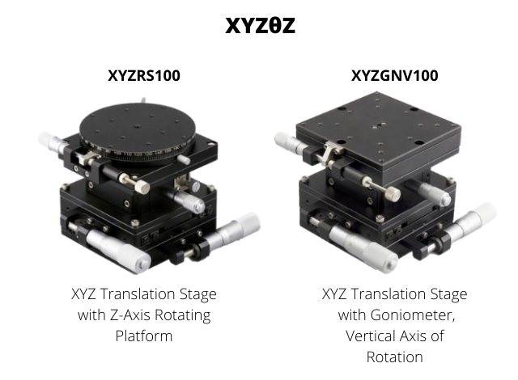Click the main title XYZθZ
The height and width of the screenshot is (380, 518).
(260, 25)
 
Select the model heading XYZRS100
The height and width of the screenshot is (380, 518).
(144, 75)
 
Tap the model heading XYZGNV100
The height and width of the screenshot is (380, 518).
(394, 75)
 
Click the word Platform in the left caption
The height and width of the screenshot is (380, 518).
(144, 336)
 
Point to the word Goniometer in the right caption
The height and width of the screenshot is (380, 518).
(411, 315)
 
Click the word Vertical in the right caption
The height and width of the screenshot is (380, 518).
(370, 336)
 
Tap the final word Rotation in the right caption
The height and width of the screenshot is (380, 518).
(394, 357)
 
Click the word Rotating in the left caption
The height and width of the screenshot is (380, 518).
(183, 315)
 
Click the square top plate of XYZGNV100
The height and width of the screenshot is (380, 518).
(378, 129)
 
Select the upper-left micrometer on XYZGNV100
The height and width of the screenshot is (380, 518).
(290, 142)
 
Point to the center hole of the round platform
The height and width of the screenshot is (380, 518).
(137, 126)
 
